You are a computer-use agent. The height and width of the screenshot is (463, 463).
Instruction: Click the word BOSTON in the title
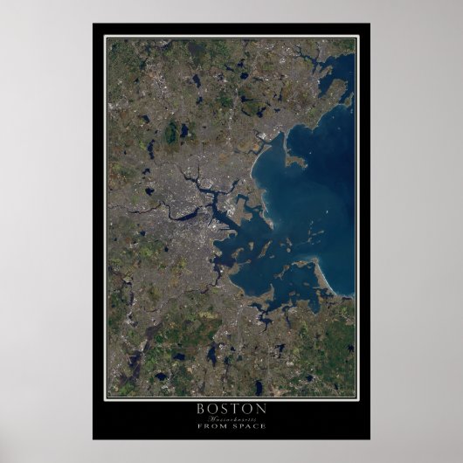(231, 408)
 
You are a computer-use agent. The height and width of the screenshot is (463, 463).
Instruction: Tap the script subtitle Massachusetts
(231, 418)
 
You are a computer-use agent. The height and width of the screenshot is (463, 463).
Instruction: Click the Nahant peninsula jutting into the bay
(294, 161)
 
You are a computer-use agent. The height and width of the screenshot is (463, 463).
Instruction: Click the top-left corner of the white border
(105, 36)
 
